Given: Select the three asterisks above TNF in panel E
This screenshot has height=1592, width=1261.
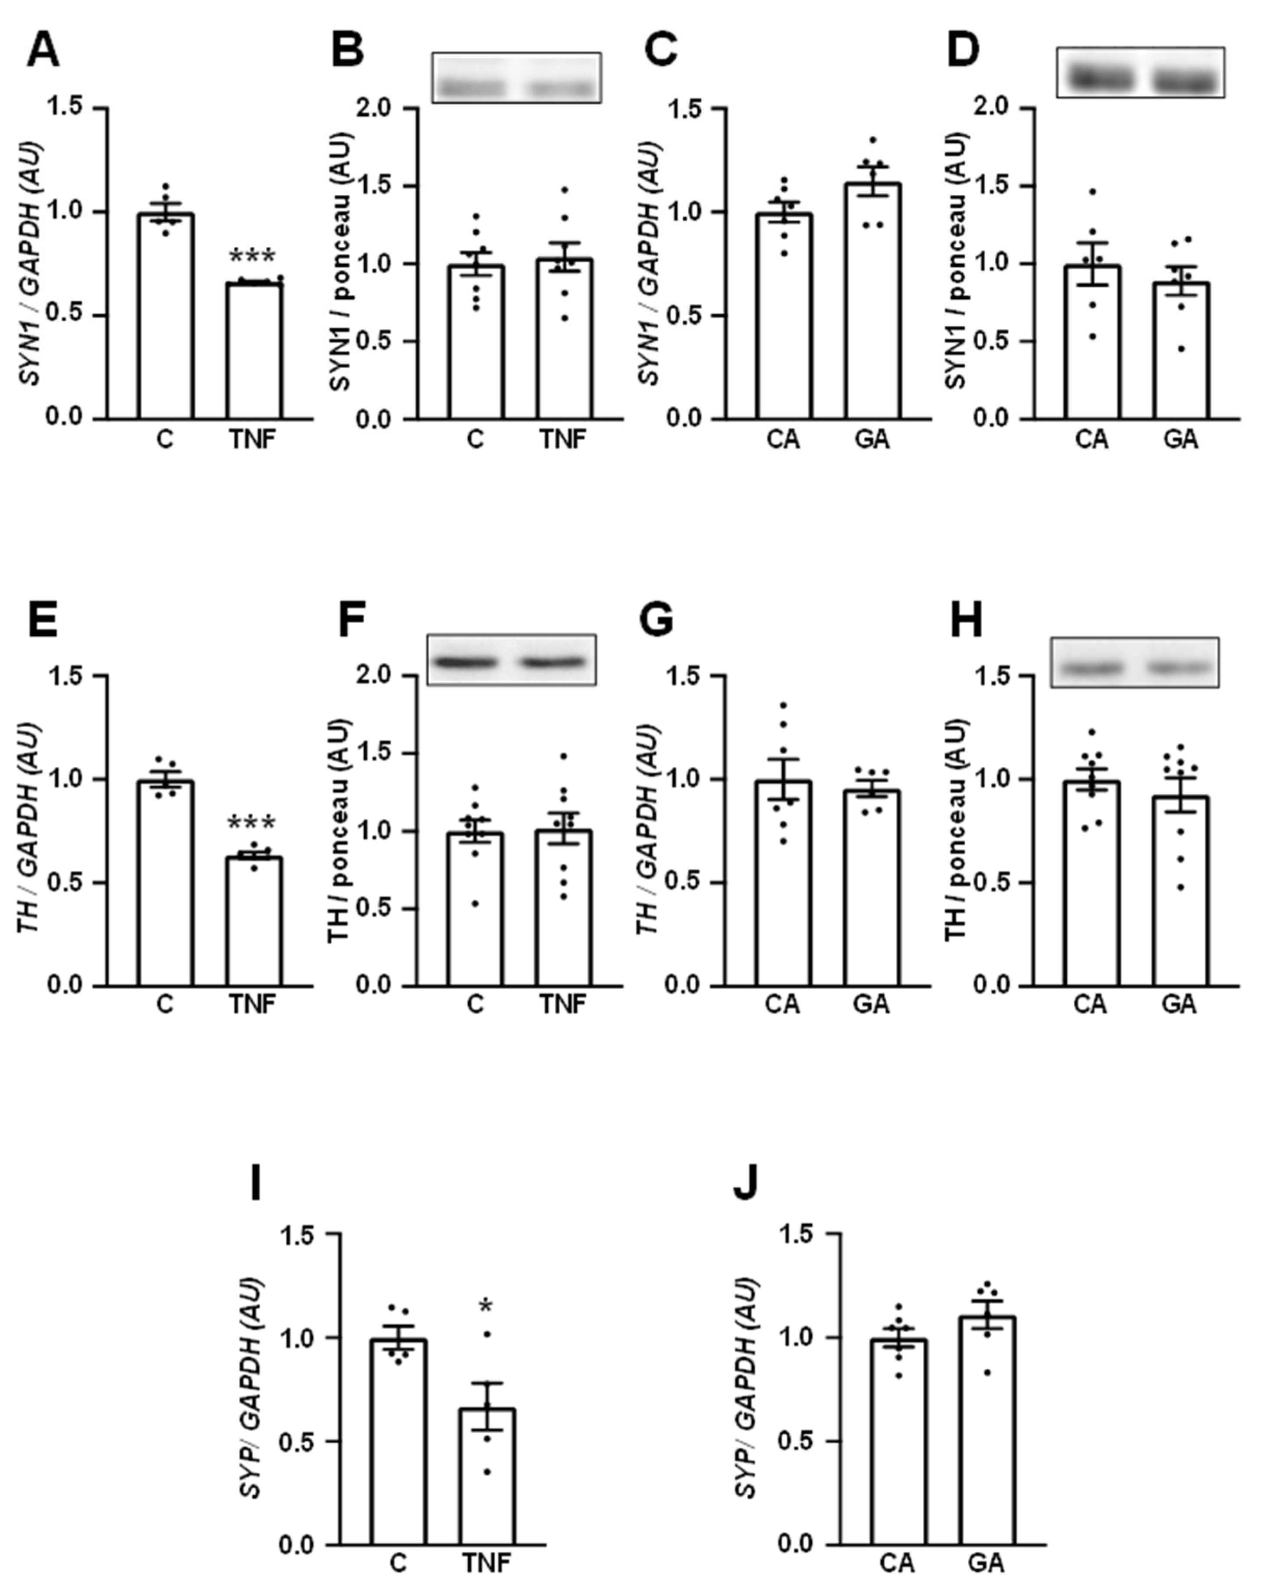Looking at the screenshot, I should tap(252, 823).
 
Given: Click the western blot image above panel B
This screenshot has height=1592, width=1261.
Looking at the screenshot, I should tap(516, 78).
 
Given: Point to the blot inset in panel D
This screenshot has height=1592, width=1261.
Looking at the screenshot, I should tap(1140, 72).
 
